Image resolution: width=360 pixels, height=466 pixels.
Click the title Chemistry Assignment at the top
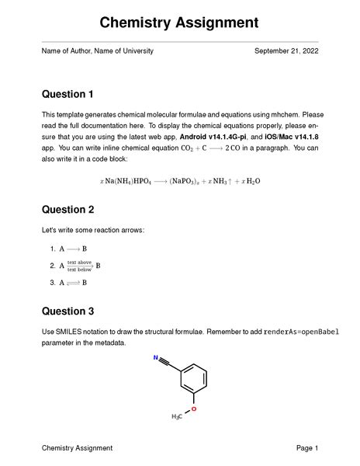pyautogui.click(x=179, y=23)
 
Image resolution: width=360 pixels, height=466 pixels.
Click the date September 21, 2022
pyautogui.click(x=286, y=50)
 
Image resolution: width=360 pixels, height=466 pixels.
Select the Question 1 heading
pyautogui.click(x=67, y=95)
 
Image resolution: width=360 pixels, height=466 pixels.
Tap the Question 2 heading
pyautogui.click(x=67, y=210)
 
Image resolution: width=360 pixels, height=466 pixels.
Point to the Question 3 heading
pyautogui.click(x=67, y=311)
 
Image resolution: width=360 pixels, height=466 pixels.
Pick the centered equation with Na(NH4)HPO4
pyautogui.click(x=180, y=181)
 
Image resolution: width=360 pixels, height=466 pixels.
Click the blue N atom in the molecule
pyautogui.click(x=157, y=359)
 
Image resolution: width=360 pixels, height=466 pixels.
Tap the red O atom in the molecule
pyautogui.click(x=194, y=408)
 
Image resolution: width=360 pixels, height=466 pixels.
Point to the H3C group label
pyautogui.click(x=177, y=417)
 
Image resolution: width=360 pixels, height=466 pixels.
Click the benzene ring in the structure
pyautogui.click(x=194, y=377)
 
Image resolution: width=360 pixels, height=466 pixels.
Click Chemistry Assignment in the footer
pyautogui.click(x=77, y=448)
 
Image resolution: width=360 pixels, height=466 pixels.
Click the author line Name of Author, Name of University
pyautogui.click(x=97, y=50)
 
